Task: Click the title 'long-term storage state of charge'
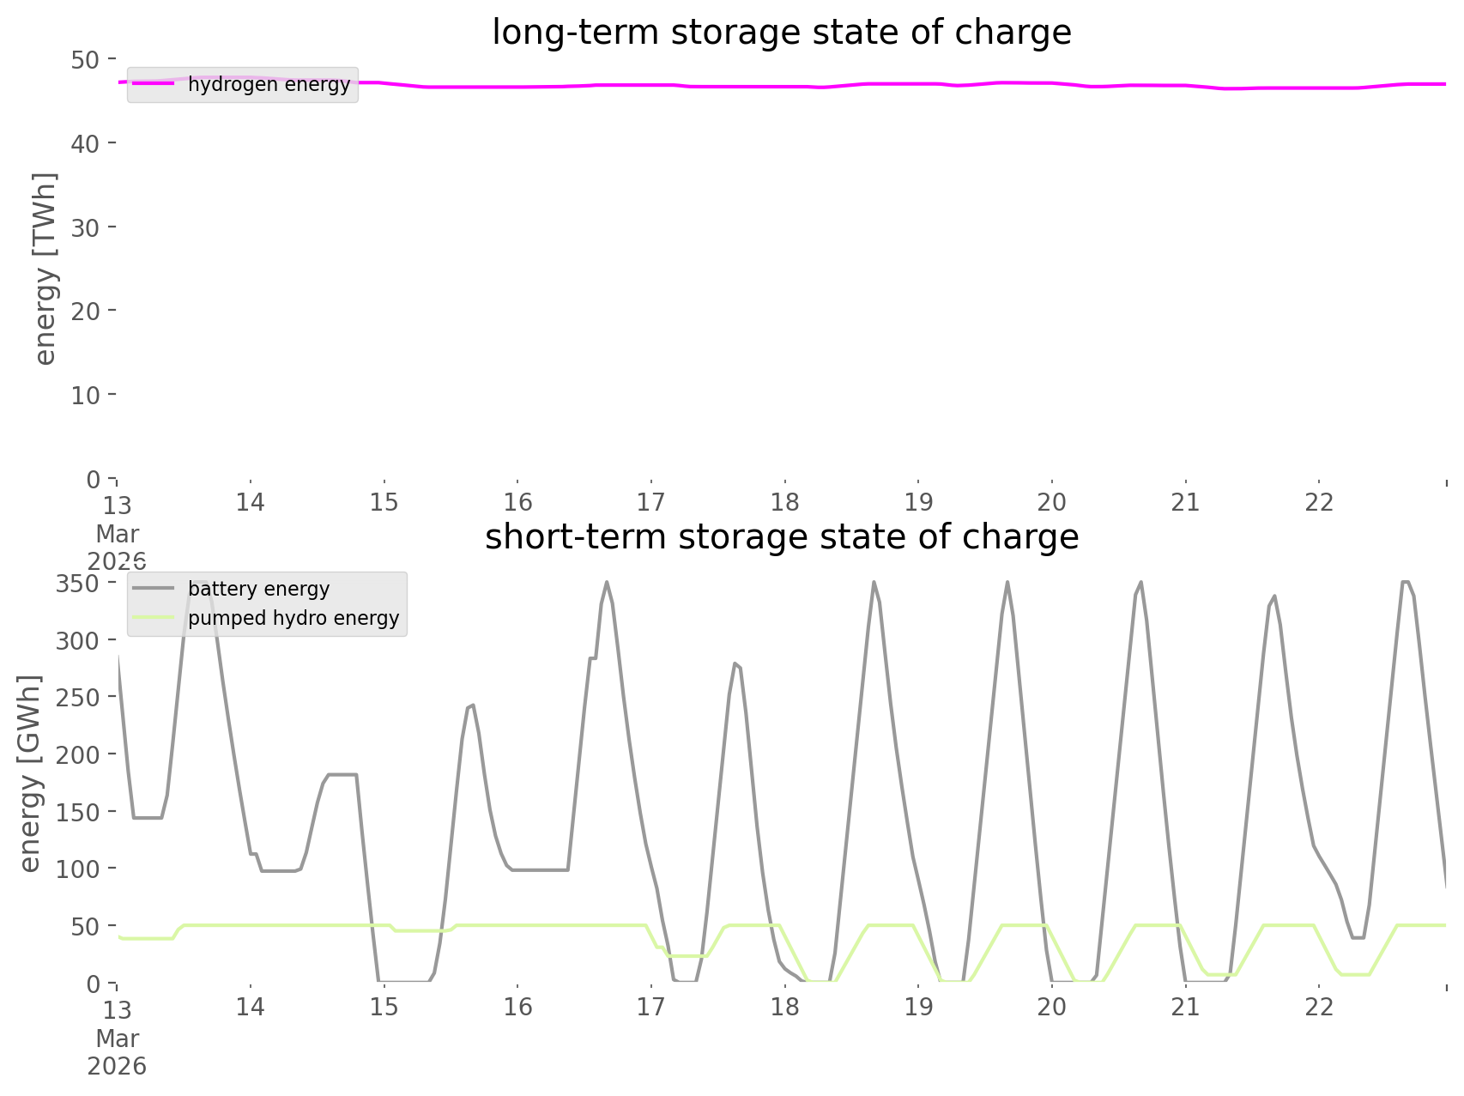[x=781, y=33]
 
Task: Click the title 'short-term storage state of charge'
[x=781, y=537]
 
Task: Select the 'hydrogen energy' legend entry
[x=269, y=84]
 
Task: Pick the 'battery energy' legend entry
[x=258, y=589]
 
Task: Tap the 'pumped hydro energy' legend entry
[x=293, y=618]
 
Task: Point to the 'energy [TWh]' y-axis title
[x=45, y=269]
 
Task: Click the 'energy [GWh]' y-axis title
[x=30, y=773]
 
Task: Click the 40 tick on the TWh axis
[x=85, y=143]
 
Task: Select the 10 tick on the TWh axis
[x=85, y=396]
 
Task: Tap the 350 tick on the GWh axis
[x=78, y=584]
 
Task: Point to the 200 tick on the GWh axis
[x=78, y=755]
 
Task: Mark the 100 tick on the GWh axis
[x=78, y=869]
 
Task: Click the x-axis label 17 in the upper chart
[x=651, y=502]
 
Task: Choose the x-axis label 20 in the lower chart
[x=1052, y=1007]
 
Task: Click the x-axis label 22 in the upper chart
[x=1319, y=502]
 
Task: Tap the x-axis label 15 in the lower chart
[x=384, y=1007]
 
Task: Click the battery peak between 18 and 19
[x=874, y=583]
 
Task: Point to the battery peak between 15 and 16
[x=471, y=705]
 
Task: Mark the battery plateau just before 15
[x=342, y=774]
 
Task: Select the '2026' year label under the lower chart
[x=117, y=1067]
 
